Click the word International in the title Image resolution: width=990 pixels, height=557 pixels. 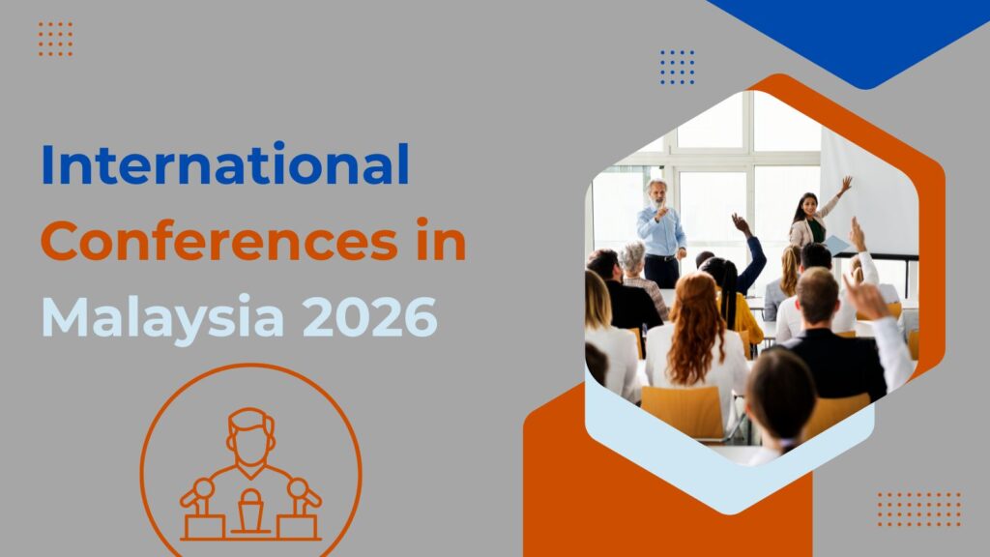tap(224, 165)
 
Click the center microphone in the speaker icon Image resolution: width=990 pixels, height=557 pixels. tap(250, 504)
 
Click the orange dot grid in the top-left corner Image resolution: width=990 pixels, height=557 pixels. tap(55, 39)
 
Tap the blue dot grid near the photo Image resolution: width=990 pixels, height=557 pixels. tap(677, 67)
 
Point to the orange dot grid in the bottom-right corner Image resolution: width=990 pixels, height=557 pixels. tap(918, 509)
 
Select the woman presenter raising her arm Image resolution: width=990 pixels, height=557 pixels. tap(808, 220)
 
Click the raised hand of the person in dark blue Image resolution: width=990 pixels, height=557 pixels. tap(741, 223)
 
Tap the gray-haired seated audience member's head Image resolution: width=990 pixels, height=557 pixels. tap(633, 257)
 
